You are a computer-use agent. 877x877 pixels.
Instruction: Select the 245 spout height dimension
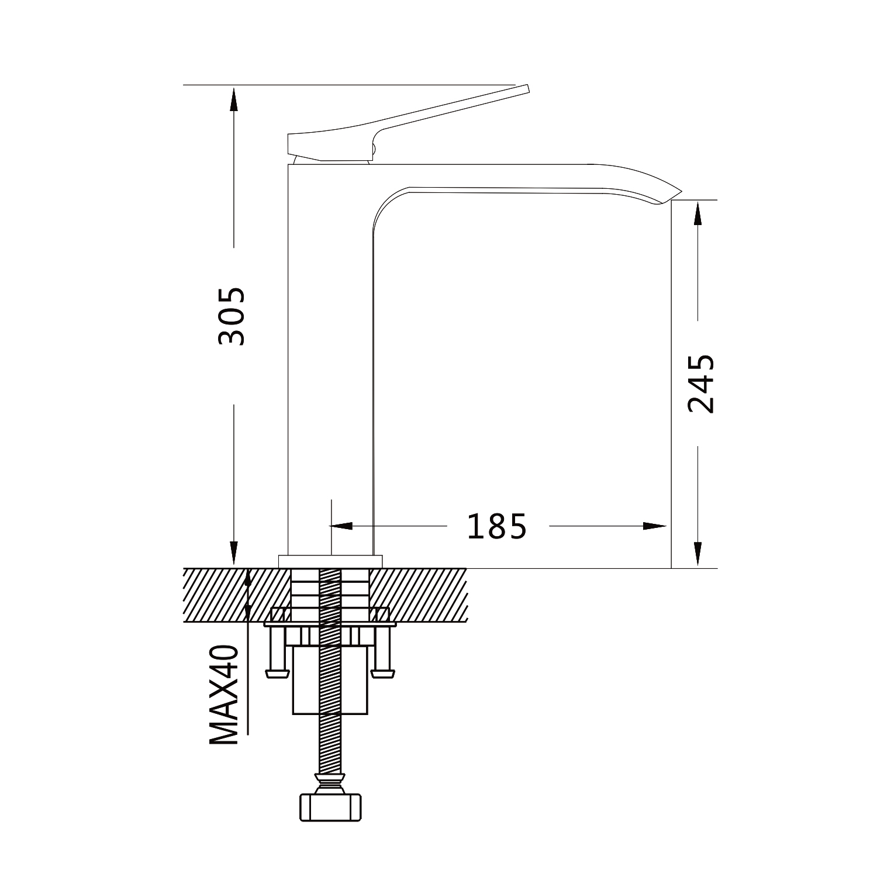[x=701, y=384]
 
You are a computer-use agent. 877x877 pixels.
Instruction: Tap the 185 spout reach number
[x=496, y=526]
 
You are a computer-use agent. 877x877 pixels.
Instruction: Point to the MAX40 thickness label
[x=225, y=695]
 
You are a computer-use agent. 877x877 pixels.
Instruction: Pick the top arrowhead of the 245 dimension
[x=697, y=213]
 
